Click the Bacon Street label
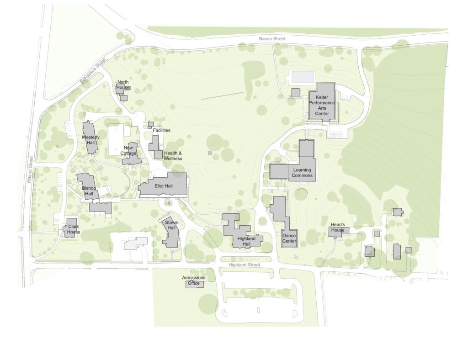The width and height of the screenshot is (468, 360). tap(272, 39)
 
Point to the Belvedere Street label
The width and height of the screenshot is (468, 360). tap(93, 71)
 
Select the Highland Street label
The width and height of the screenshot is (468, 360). tap(244, 265)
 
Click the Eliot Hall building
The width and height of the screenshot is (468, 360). tap(164, 186)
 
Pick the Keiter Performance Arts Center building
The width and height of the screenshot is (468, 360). tap(322, 101)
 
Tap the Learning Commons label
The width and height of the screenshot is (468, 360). tap(302, 173)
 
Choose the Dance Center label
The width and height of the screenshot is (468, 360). tap(289, 238)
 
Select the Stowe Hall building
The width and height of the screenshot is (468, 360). tap(171, 233)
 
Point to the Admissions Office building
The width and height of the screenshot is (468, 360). tap(194, 284)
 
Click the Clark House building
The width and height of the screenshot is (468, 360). tap(71, 227)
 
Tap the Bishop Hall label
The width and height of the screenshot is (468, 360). tap(89, 191)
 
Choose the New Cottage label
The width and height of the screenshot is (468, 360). tap(129, 150)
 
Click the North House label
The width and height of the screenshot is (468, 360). tap(123, 85)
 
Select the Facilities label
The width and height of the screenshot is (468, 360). tap(161, 130)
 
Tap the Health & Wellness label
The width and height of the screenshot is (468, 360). tap(173, 156)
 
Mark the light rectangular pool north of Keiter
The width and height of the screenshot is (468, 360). tap(302, 76)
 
